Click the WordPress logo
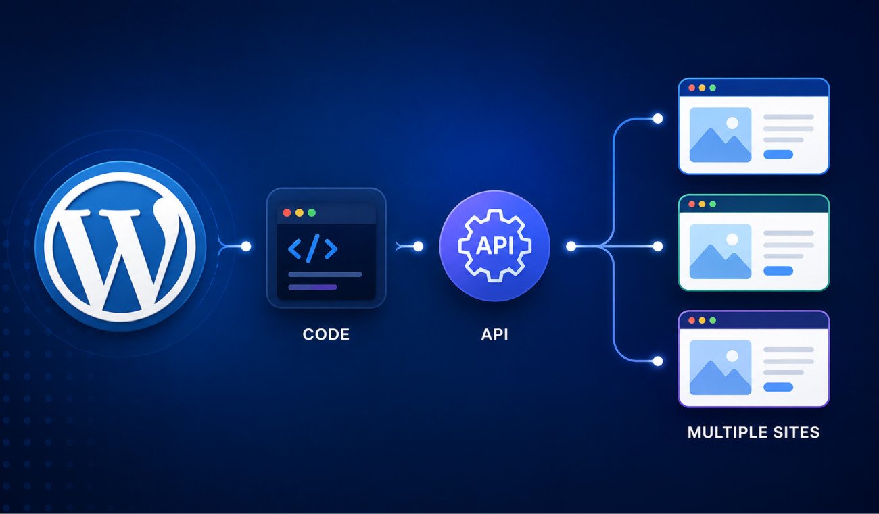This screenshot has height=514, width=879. pyautogui.click(x=120, y=247)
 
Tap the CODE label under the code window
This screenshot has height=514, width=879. pyautogui.click(x=326, y=334)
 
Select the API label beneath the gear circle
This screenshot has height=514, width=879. pyautogui.click(x=494, y=334)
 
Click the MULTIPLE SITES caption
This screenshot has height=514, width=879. pyautogui.click(x=753, y=432)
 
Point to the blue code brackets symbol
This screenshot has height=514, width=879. pyautogui.click(x=313, y=248)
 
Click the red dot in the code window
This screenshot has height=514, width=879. pyautogui.click(x=287, y=213)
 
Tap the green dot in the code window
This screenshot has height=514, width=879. pyautogui.click(x=312, y=213)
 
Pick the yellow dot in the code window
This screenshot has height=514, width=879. pyautogui.click(x=300, y=213)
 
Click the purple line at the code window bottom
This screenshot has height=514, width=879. pyautogui.click(x=313, y=287)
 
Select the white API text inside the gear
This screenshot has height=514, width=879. pyautogui.click(x=494, y=246)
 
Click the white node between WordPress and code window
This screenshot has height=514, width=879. pyautogui.click(x=246, y=247)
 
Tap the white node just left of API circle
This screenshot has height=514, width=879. pyautogui.click(x=419, y=247)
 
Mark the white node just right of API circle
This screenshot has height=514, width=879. pyautogui.click(x=571, y=247)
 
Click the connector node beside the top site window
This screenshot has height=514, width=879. pyautogui.click(x=658, y=118)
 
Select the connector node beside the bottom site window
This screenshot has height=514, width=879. pyautogui.click(x=658, y=361)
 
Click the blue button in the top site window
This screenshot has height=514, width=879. pyautogui.click(x=778, y=154)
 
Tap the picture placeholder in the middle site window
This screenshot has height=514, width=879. pyautogui.click(x=721, y=251)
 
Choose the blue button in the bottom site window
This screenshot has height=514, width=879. pyautogui.click(x=778, y=388)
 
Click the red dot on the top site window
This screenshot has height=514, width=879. pyautogui.click(x=692, y=88)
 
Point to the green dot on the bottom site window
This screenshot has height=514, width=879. pyautogui.click(x=713, y=320)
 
